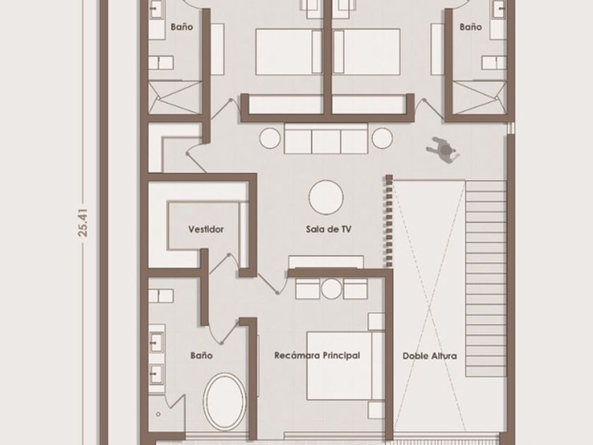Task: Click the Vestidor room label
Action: point(205,230)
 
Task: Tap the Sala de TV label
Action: point(329,229)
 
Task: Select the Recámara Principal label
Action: point(317,355)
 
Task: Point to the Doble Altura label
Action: point(430,356)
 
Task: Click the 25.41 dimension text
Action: point(83,222)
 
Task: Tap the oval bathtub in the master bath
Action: point(224,402)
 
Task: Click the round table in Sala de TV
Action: point(326,198)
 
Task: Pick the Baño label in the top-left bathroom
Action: point(181,27)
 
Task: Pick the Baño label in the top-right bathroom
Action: point(470,27)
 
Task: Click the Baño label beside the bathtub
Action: point(201,355)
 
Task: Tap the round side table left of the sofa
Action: point(270,138)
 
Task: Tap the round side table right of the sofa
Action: point(382,138)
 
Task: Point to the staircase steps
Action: point(485,278)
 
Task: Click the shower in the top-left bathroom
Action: point(175,97)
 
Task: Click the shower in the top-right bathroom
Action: point(479,97)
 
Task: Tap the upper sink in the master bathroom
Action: point(156,342)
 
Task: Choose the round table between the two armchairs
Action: point(332,289)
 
